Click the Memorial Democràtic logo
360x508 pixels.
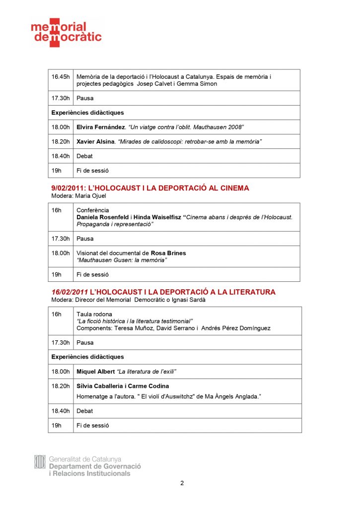pyautogui.click(x=66, y=33)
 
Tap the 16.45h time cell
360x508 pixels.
pyautogui.click(x=61, y=77)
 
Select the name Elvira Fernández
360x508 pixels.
pyautogui.click(x=100, y=127)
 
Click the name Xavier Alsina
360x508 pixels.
pyautogui.click(x=95, y=142)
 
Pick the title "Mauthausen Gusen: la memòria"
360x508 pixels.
pyautogui.click(x=122, y=260)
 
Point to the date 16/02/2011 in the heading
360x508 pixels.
pyautogui.click(x=70, y=292)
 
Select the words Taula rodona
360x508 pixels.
pyautogui.click(x=94, y=314)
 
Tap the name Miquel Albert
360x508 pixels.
pyautogui.click(x=95, y=372)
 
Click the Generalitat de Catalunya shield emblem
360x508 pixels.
pyautogui.click(x=40, y=462)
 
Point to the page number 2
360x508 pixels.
pyautogui.click(x=182, y=483)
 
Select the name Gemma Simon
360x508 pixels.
pyautogui.click(x=199, y=84)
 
